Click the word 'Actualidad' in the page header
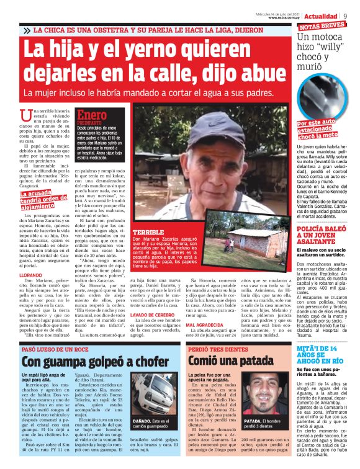tap(320, 16)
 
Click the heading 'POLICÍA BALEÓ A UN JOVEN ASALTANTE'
tap(321, 233)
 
